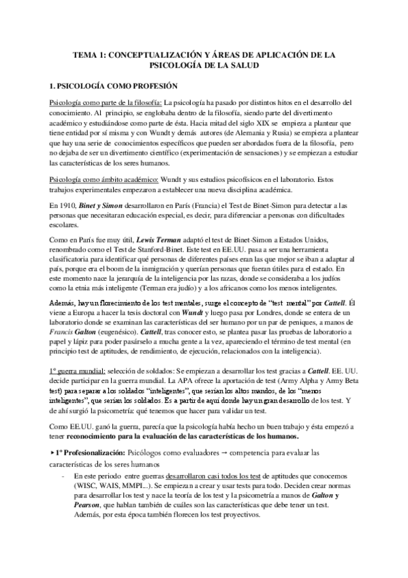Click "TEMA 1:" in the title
tap(89, 53)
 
